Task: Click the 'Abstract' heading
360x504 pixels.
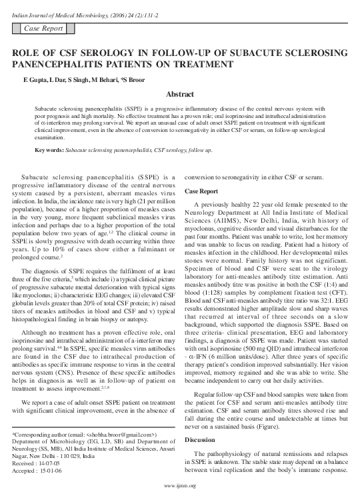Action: pyautogui.click(x=179, y=95)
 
